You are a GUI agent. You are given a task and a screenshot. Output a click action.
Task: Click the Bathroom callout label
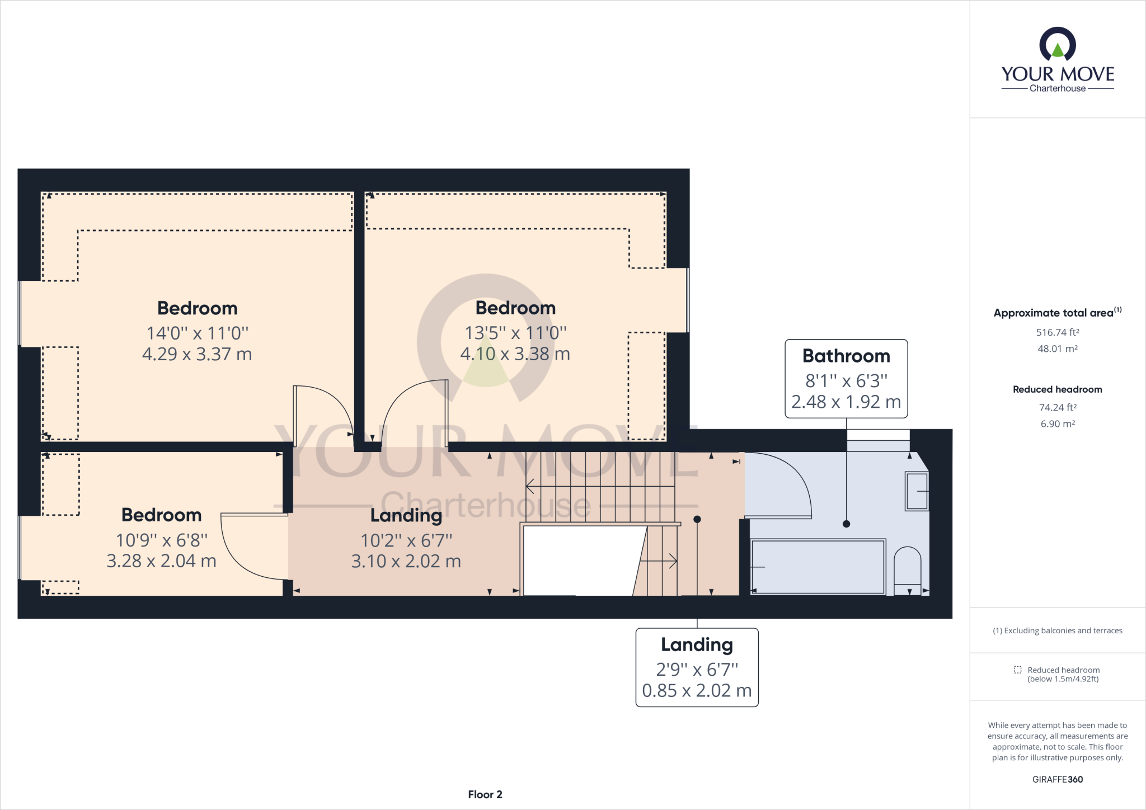(x=846, y=356)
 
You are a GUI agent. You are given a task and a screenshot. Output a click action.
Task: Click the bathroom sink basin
(x=917, y=491)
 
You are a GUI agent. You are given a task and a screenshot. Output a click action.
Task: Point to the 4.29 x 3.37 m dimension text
(x=197, y=354)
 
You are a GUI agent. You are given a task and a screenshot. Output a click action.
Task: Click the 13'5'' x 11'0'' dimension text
(x=515, y=333)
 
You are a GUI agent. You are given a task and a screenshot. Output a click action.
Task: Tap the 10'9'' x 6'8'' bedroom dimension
(x=161, y=540)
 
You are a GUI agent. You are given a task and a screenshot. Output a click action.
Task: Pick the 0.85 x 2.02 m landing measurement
(x=697, y=691)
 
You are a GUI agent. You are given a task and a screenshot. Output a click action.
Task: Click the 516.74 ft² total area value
(x=1057, y=332)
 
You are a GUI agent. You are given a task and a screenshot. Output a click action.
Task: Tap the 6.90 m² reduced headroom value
(x=1057, y=424)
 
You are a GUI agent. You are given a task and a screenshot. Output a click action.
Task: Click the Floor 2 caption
(x=485, y=794)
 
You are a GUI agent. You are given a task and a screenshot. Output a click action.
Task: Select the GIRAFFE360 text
(x=1057, y=779)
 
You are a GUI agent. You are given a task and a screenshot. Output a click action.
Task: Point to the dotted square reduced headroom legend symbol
(x=1017, y=670)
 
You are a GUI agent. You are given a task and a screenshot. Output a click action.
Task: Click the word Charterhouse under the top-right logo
(x=1057, y=88)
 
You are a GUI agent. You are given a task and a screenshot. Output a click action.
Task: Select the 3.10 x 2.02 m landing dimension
(x=406, y=561)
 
